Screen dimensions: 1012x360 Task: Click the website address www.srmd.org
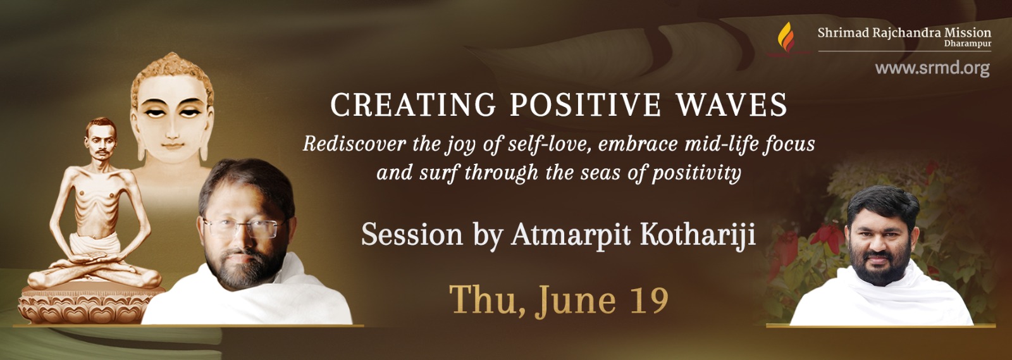932,69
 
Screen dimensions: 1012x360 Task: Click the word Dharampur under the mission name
968,44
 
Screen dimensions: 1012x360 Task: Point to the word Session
412,235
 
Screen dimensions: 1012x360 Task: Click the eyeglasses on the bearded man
244,228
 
